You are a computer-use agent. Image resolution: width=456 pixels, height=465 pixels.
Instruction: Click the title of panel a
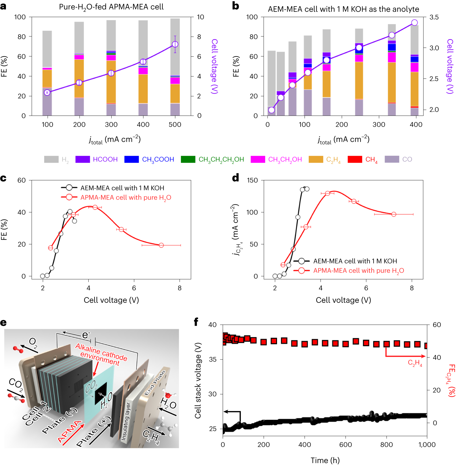pyautogui.click(x=111, y=7)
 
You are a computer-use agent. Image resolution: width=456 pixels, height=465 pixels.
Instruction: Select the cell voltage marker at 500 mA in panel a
pyautogui.click(x=175, y=44)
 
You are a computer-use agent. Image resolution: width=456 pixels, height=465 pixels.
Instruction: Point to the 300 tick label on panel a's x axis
pyautogui.click(x=111, y=124)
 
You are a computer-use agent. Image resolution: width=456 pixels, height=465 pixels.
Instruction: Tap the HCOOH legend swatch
pyautogui.click(x=82, y=159)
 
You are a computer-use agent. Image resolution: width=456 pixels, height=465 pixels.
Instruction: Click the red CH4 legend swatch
pyautogui.click(x=355, y=159)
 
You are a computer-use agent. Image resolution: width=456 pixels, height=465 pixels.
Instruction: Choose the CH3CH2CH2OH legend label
pyautogui.click(x=221, y=160)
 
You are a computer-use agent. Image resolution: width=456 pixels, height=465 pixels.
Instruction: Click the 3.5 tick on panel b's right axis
pyautogui.click(x=434, y=17)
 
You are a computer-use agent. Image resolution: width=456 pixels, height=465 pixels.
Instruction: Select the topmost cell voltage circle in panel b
pyautogui.click(x=414, y=23)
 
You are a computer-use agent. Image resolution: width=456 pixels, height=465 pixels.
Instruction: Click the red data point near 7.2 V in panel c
pyautogui.click(x=161, y=245)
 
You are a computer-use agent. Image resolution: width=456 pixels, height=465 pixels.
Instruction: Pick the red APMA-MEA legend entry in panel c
pyautogui.click(x=126, y=198)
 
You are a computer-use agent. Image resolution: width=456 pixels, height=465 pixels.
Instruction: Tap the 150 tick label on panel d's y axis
pyautogui.click(x=252, y=180)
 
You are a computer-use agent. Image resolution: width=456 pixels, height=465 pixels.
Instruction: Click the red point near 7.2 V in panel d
pyautogui.click(x=394, y=214)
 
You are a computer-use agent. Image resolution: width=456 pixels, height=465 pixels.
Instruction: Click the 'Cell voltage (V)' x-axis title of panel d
pyautogui.click(x=343, y=300)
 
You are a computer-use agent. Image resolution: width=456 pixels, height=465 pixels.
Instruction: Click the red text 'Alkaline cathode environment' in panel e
pyautogui.click(x=101, y=354)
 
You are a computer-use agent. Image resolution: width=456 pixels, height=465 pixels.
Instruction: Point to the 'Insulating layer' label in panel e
pyautogui.click(x=126, y=421)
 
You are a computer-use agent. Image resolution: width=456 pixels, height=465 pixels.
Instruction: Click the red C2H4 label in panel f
pyautogui.click(x=415, y=363)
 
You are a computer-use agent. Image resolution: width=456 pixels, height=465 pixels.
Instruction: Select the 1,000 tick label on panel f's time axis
pyautogui.click(x=427, y=445)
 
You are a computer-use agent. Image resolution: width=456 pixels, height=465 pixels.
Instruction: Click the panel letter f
pyautogui.click(x=196, y=322)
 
